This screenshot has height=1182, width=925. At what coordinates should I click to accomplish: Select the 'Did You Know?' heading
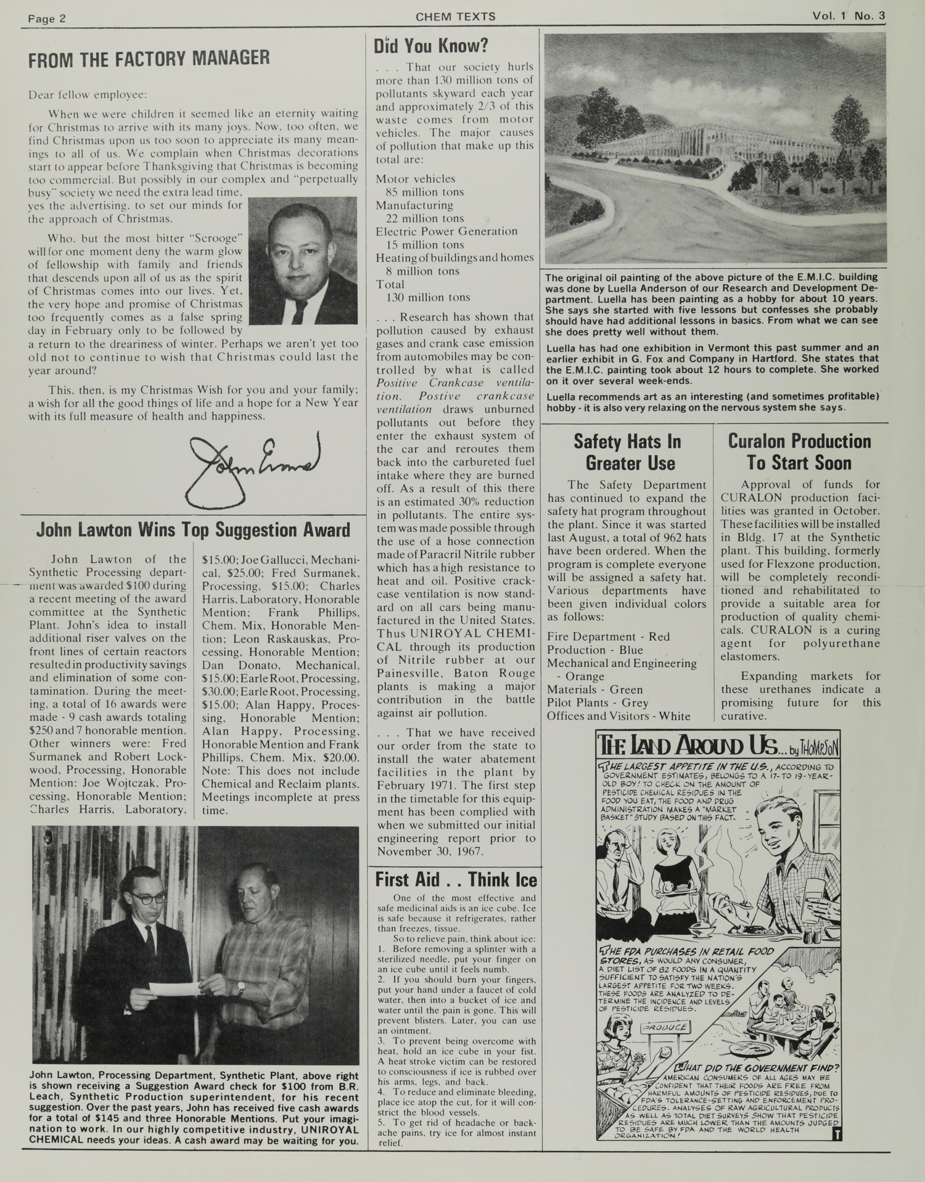431,45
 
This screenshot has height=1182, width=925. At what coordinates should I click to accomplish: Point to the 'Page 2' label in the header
47,18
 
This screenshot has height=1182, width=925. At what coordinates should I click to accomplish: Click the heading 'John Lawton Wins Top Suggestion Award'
193,530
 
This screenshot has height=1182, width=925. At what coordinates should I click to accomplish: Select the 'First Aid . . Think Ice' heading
456,879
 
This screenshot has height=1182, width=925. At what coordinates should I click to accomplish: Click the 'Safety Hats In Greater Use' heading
627,452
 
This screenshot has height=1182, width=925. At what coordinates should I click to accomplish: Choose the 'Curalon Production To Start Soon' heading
799,452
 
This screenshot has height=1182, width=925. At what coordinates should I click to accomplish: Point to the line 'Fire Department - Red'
608,636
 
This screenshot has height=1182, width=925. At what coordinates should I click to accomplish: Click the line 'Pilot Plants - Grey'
598,702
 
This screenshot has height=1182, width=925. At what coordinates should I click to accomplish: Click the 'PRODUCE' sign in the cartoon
665,1028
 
